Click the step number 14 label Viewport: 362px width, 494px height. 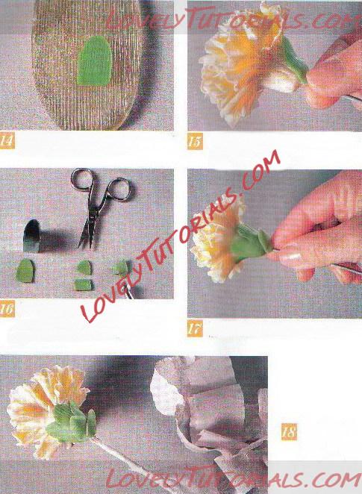click(x=7, y=141)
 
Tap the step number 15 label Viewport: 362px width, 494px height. click(x=195, y=142)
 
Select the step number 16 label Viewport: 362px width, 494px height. click(x=7, y=309)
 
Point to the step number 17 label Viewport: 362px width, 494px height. click(x=195, y=329)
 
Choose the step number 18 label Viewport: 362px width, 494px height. click(x=289, y=431)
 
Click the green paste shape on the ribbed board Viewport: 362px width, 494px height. click(x=95, y=61)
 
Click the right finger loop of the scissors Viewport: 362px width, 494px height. click(x=122, y=188)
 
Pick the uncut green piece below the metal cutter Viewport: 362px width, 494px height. click(x=25, y=271)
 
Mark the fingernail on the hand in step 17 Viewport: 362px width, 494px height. click(x=290, y=255)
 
